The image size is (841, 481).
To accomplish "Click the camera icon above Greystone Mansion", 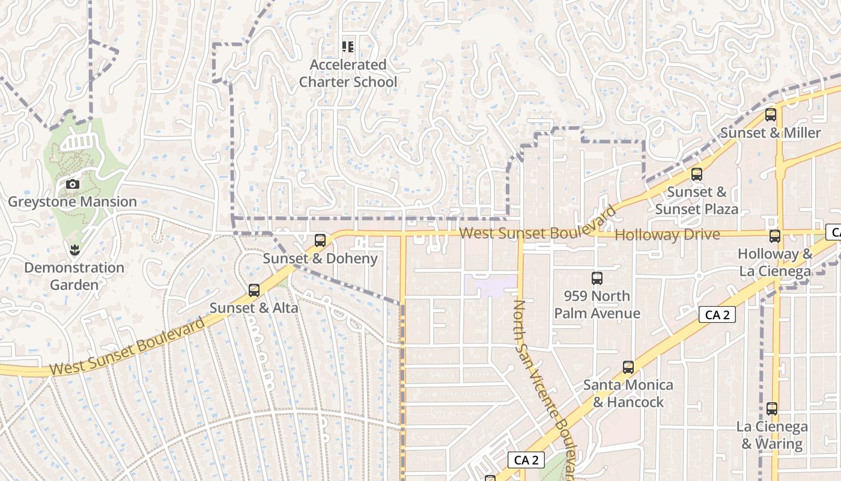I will (73, 184).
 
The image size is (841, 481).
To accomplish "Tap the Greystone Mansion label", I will (72, 201).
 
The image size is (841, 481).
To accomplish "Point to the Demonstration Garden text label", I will (74, 276).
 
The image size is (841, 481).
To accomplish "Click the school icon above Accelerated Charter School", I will (348, 46).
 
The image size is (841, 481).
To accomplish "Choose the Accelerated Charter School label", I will (348, 73).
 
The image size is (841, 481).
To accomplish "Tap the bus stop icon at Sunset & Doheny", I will (320, 240).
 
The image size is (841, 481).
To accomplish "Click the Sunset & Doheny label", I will (320, 259).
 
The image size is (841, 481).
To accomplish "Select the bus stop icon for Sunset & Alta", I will (254, 290).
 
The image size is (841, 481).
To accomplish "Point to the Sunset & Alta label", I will (254, 308).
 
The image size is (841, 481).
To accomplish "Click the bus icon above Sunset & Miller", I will (771, 115).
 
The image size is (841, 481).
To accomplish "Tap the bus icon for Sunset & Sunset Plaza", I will (697, 174).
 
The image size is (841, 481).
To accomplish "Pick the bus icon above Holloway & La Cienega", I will (775, 236).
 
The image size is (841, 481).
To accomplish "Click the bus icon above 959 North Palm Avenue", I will (597, 278).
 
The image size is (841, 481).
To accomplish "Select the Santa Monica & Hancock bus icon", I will (628, 367).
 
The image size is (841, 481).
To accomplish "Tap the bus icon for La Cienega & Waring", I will (772, 409).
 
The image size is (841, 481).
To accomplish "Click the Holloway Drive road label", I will (667, 234).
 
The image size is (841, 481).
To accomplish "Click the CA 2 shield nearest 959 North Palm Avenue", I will (717, 314).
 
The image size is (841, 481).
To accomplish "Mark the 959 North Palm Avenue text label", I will (597, 305).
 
